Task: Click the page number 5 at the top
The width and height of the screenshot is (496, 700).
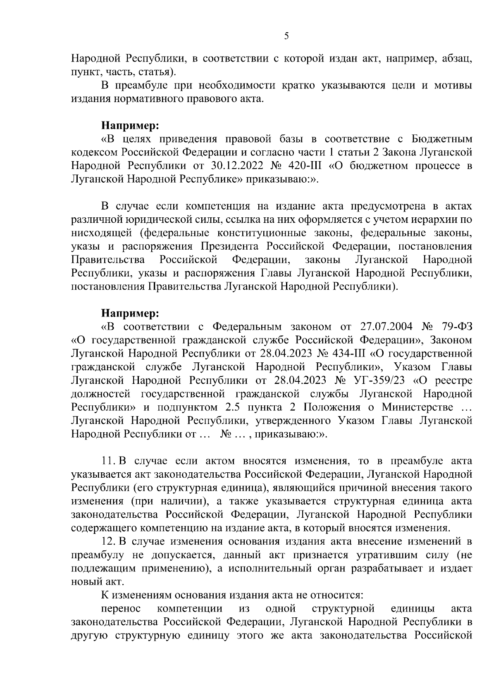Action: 286,36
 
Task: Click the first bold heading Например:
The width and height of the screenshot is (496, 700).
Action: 130,124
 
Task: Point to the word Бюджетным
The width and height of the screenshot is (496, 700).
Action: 442,138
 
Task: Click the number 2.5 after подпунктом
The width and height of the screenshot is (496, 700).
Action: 233,407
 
